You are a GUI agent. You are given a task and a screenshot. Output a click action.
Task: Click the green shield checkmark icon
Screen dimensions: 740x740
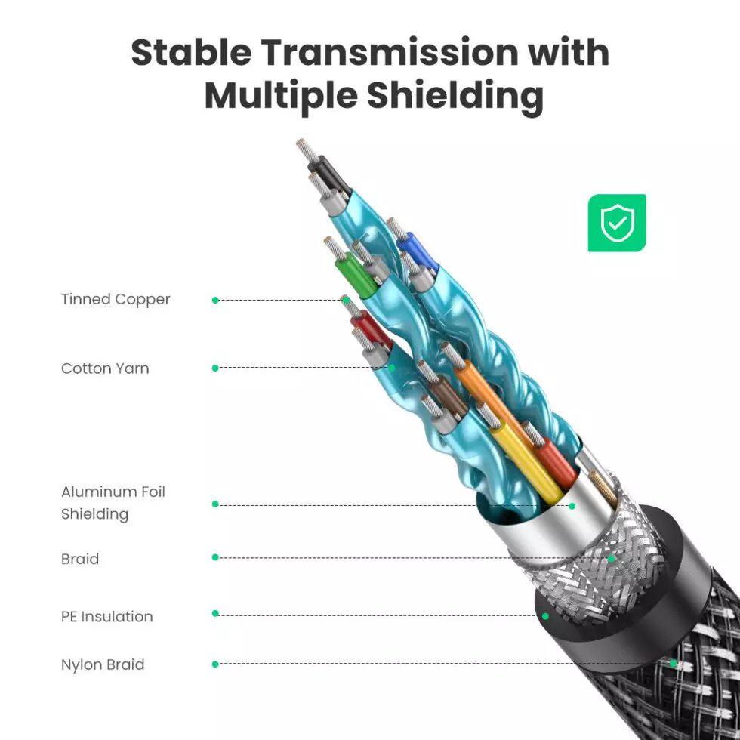(617, 223)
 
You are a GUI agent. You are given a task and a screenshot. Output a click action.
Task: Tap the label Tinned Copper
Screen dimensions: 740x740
(116, 300)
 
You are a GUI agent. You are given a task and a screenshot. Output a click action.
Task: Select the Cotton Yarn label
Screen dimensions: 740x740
(105, 368)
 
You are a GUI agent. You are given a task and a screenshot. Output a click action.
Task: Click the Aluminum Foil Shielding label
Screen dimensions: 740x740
(113, 503)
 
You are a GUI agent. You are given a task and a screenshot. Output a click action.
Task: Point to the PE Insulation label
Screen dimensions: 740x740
(106, 616)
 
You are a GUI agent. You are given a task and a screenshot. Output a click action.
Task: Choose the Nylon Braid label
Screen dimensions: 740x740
(103, 664)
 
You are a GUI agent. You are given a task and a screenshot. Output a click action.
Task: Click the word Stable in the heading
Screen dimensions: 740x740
(190, 51)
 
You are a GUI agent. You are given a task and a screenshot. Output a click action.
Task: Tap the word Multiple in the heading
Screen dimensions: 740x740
(280, 97)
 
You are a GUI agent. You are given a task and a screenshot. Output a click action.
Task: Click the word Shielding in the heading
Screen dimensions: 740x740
(455, 97)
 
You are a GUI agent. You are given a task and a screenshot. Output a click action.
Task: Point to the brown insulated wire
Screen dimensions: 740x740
(447, 394)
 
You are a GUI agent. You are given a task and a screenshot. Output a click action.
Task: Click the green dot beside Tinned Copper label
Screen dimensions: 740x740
(215, 301)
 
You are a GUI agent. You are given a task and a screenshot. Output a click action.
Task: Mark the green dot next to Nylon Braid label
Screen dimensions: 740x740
(215, 664)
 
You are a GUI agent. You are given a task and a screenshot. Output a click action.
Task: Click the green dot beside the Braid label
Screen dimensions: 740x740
(215, 557)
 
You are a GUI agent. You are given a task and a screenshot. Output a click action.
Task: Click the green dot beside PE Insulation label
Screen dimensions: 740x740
(215, 613)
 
